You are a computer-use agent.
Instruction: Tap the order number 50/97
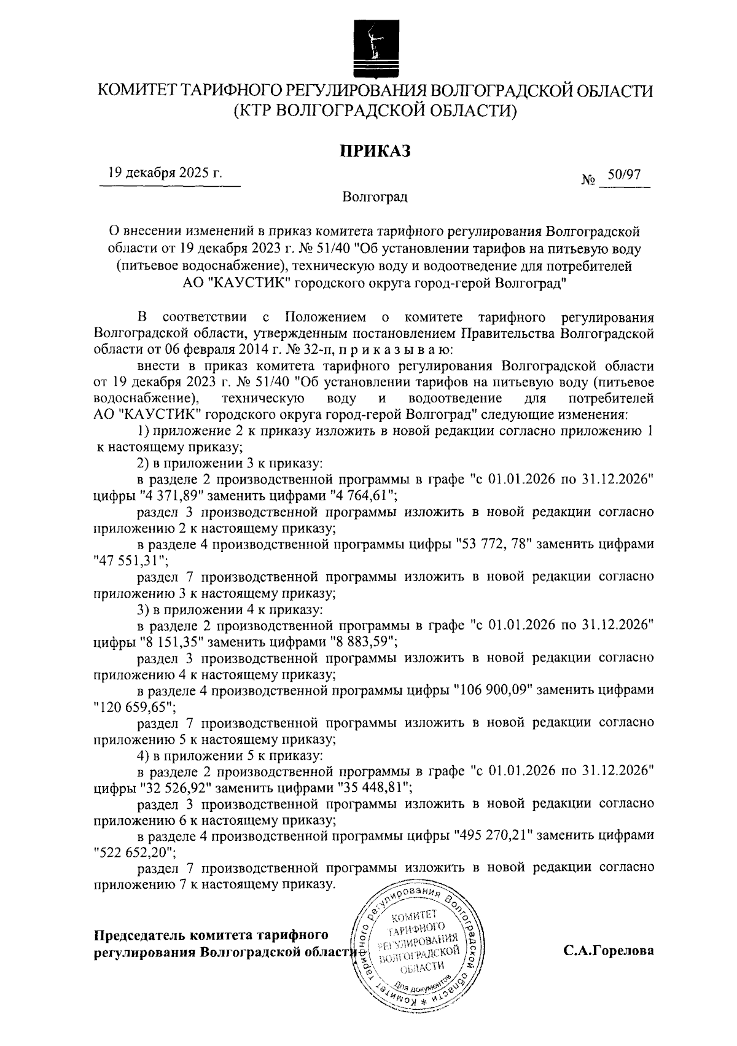coord(623,175)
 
